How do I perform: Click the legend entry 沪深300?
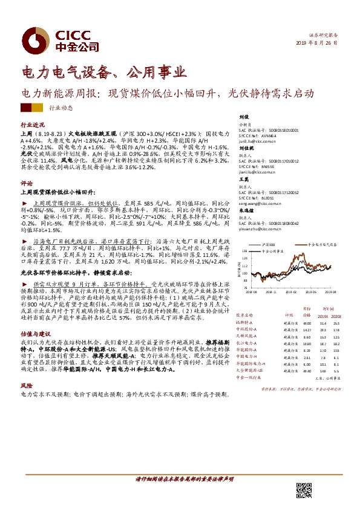(270, 244)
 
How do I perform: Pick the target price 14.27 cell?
(306, 330)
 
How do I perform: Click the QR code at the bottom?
(303, 491)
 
